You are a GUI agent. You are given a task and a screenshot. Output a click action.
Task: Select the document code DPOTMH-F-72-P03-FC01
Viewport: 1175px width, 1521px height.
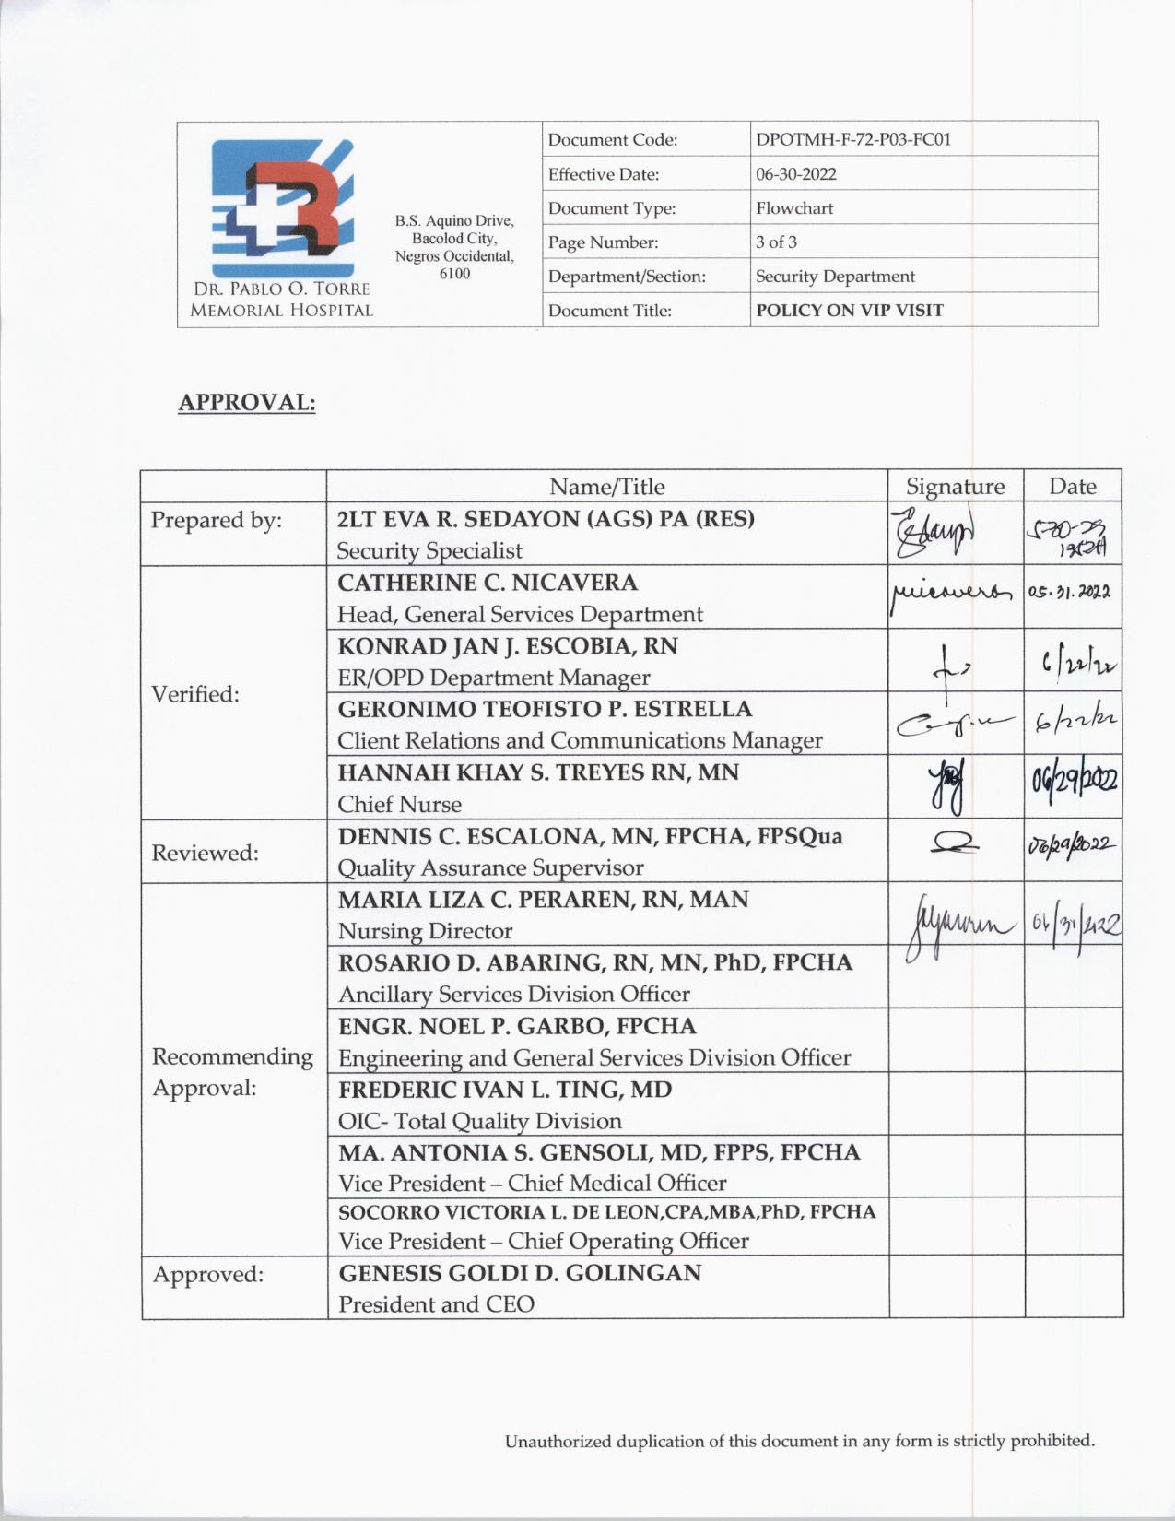[852, 140]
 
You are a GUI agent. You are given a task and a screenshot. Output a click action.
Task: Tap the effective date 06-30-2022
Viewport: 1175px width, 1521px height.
[795, 174]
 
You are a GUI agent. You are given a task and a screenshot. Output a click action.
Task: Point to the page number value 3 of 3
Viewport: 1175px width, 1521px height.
[776, 242]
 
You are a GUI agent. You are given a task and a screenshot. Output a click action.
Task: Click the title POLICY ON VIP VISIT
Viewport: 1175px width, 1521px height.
[849, 311]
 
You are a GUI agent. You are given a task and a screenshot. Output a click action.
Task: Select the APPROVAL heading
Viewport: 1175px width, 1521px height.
[246, 403]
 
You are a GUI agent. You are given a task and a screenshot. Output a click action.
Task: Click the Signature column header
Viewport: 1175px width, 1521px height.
[955, 486]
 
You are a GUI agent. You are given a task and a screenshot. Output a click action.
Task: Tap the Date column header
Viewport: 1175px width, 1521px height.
[1072, 486]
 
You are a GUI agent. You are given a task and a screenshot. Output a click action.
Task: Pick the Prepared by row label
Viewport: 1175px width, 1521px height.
[216, 520]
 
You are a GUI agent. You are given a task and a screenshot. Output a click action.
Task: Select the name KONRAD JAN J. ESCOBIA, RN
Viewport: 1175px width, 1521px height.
[508, 646]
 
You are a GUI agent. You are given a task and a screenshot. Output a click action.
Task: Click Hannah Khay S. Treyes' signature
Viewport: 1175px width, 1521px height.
[955, 788]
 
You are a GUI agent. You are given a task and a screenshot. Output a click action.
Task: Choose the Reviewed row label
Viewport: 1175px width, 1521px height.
[205, 853]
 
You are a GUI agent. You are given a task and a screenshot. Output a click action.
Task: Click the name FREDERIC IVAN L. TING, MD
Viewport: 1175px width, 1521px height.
[505, 1090]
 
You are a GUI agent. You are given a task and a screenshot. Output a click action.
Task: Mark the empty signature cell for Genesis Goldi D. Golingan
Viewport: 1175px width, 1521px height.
[956, 1287]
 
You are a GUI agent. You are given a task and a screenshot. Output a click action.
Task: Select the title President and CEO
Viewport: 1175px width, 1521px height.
[436, 1304]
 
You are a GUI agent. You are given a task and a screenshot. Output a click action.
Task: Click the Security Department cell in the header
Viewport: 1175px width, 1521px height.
[835, 277]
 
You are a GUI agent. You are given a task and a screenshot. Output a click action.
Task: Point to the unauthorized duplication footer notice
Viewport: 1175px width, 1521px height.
[799, 1441]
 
